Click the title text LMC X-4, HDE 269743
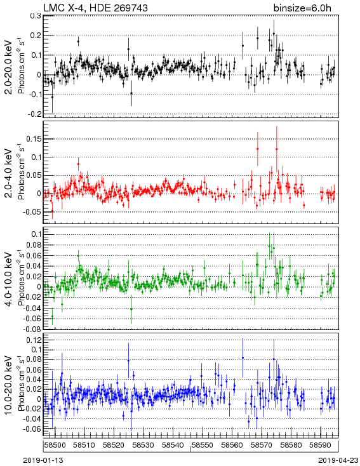pos(95,8)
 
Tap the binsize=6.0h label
pos(302,8)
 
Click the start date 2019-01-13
pos(43,460)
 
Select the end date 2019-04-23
pos(338,460)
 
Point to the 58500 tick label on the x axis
pos(55,445)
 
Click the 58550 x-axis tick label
pos(203,445)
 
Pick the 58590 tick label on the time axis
pos(321,445)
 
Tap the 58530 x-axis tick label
pos(143,445)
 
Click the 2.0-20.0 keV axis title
pos(9,67)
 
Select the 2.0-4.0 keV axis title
pos(9,173)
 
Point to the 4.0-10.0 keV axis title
pos(9,279)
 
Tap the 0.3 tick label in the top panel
pos(36,16)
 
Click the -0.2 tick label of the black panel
pos(34,114)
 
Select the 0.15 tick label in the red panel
pos(34,139)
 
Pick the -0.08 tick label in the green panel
pos(32,329)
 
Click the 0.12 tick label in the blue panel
pos(34,340)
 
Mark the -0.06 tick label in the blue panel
pos(32,429)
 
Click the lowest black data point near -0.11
pos(52,97)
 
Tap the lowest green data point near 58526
pos(131,309)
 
